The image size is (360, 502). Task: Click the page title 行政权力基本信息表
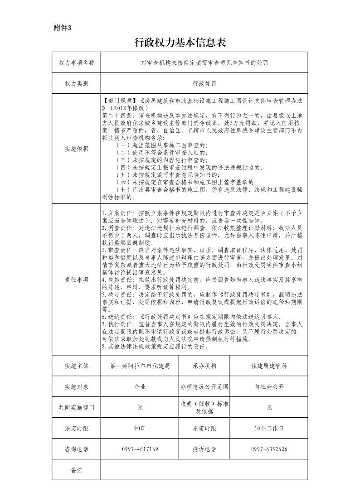click(180, 43)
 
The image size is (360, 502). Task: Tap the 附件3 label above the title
click(63, 28)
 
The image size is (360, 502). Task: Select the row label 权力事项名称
click(77, 63)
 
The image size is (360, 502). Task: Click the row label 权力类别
click(77, 84)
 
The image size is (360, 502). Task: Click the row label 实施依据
click(77, 149)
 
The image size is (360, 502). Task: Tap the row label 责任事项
click(77, 280)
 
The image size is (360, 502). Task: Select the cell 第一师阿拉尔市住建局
click(140, 366)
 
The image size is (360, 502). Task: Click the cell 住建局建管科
click(269, 366)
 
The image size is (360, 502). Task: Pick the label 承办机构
click(204, 366)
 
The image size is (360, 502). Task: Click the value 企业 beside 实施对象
click(140, 386)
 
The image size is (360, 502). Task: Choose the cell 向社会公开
click(269, 386)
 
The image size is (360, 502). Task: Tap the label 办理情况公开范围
click(204, 386)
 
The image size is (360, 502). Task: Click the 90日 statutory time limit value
click(140, 428)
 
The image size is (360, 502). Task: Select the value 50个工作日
click(269, 428)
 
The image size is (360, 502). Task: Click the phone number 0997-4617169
click(140, 449)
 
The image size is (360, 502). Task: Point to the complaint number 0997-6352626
click(269, 449)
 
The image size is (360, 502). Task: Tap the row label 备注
click(77, 470)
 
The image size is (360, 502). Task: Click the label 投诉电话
click(204, 449)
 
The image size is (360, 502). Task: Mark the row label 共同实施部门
click(77, 407)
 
